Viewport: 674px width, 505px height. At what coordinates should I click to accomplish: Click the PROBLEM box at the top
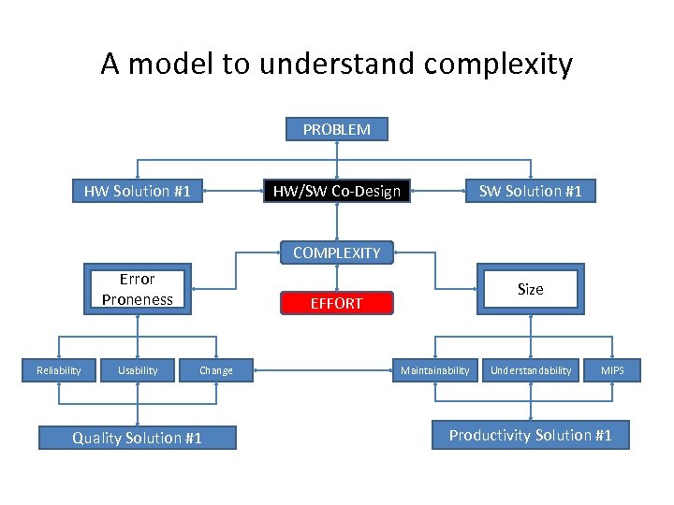[336, 129]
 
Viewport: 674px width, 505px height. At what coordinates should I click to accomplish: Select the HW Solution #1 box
[138, 192]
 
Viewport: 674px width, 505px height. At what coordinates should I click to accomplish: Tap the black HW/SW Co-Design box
[336, 192]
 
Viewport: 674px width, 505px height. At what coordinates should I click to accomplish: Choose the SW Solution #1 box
[530, 192]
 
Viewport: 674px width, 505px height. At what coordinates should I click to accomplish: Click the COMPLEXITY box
[336, 252]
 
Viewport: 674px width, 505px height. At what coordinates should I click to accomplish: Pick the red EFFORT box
[336, 303]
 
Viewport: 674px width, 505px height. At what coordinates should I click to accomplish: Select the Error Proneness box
[138, 289]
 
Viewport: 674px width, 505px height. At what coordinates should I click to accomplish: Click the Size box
[530, 289]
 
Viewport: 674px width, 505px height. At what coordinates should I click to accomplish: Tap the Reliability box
[58, 370]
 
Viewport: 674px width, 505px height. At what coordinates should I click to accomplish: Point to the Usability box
[138, 370]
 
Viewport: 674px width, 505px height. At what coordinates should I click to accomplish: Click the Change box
[216, 370]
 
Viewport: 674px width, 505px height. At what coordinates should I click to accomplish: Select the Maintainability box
[434, 370]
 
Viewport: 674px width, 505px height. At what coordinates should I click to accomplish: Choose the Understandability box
[531, 370]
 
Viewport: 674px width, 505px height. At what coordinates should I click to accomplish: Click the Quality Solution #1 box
[138, 438]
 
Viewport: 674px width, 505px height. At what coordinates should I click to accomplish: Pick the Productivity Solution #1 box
[530, 435]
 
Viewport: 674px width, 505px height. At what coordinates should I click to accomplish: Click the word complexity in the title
[498, 65]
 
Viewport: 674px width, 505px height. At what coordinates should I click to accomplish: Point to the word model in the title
[171, 65]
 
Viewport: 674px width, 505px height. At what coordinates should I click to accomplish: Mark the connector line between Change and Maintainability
[318, 371]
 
